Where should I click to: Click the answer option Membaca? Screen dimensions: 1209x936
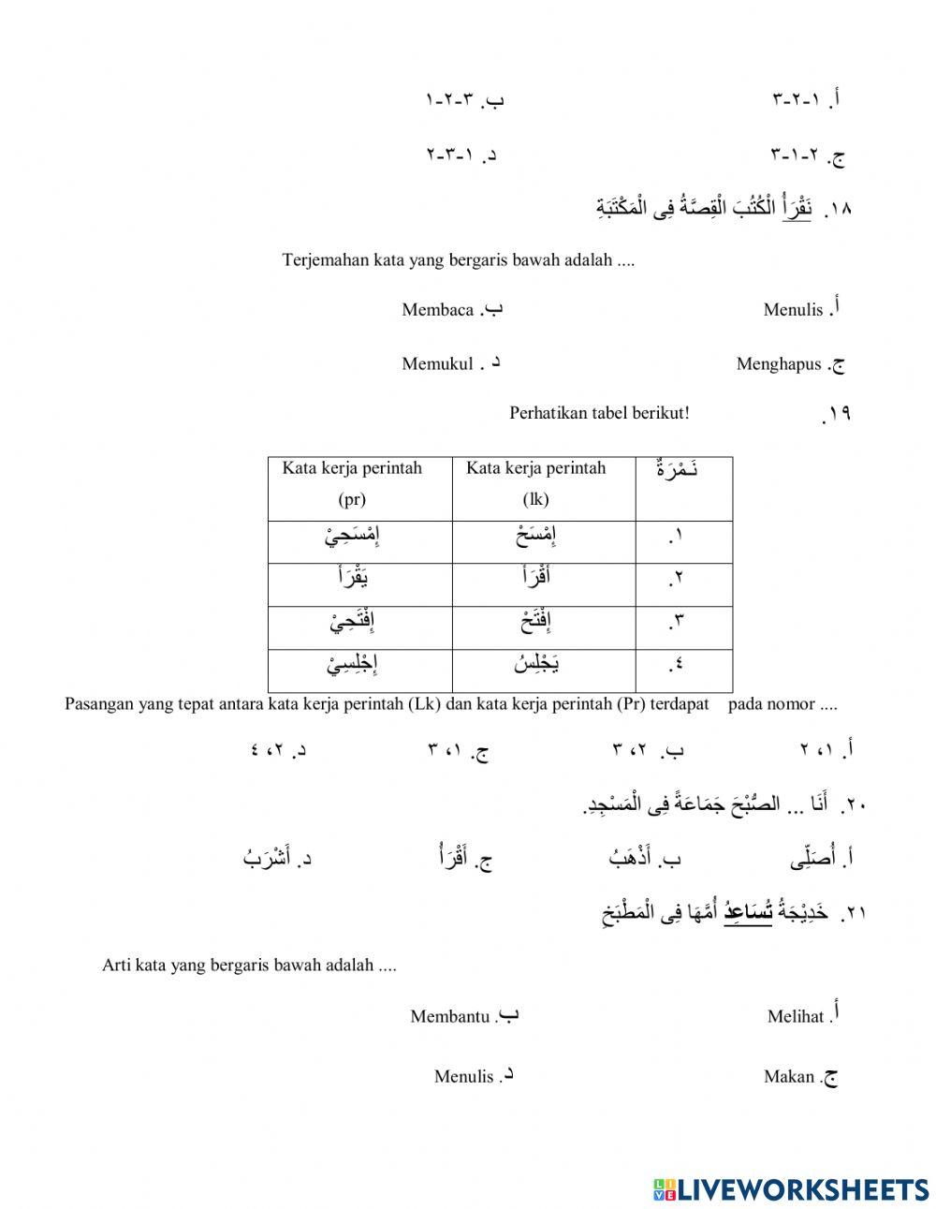point(438,310)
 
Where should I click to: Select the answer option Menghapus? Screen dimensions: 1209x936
point(779,364)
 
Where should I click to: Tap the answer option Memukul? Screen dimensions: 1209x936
point(437,364)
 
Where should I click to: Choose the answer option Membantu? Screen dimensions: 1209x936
point(450,1016)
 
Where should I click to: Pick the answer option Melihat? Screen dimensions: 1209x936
point(796,1016)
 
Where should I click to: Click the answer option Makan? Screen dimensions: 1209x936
point(789,1077)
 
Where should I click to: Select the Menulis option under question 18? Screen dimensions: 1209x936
point(793,310)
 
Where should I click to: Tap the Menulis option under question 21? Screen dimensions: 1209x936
point(463,1077)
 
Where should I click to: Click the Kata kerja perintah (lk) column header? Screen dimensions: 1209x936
point(536,483)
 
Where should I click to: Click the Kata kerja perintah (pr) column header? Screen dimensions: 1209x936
point(352,483)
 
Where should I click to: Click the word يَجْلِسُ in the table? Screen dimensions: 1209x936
point(537,665)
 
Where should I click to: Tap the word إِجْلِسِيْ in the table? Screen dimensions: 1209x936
point(352,666)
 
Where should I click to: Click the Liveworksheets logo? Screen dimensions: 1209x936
point(790,1188)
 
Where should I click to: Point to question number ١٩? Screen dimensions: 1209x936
point(835,413)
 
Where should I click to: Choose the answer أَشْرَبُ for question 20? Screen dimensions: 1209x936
point(268,856)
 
